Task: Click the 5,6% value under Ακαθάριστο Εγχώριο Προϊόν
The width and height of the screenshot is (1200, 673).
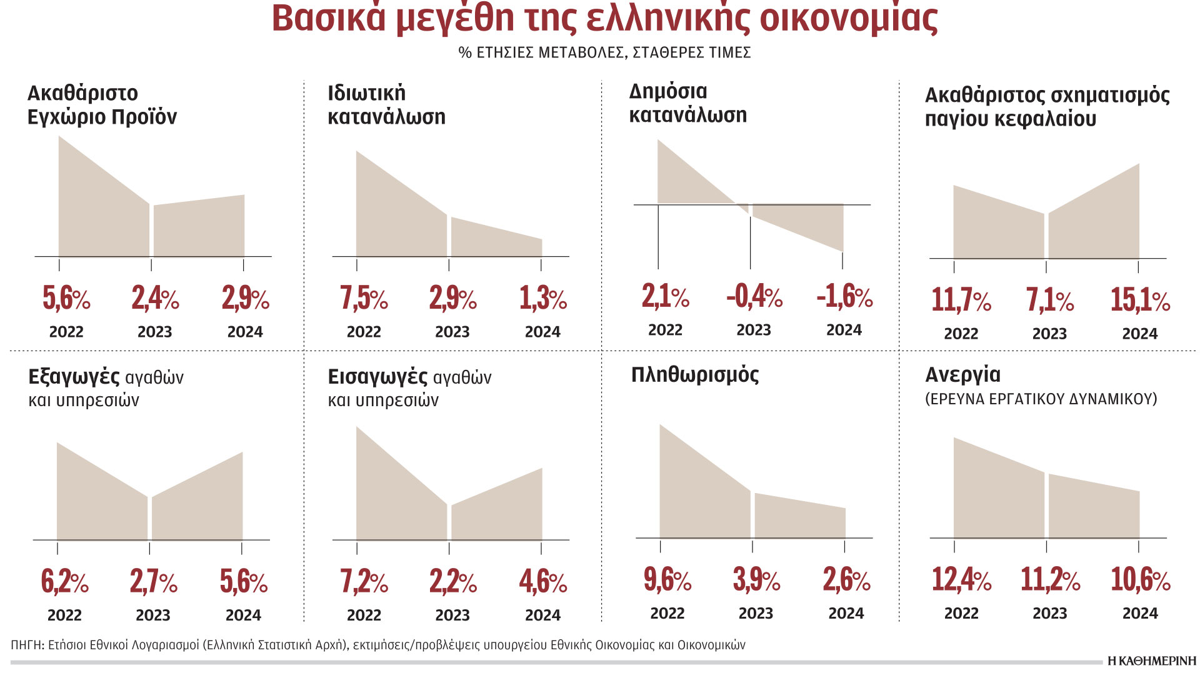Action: tap(66, 298)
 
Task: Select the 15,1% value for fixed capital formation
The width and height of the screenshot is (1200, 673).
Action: tap(1140, 300)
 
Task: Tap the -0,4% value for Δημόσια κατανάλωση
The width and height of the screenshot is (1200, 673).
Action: tap(754, 296)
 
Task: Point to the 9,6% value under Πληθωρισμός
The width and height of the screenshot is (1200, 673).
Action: tap(667, 580)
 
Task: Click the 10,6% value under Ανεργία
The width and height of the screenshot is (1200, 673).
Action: tap(1140, 580)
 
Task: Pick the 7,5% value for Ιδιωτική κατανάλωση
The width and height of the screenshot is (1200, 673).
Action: tap(364, 298)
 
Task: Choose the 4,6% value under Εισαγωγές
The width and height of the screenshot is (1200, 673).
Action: tap(542, 582)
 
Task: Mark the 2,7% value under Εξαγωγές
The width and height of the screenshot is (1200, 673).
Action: tap(154, 582)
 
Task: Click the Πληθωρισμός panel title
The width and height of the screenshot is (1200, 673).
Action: tap(694, 375)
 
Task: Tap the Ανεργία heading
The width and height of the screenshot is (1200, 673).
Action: tap(962, 375)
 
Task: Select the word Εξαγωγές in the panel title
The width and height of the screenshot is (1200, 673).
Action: tap(74, 377)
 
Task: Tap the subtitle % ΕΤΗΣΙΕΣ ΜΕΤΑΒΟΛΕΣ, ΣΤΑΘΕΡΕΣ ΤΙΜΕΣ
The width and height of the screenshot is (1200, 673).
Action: tap(604, 52)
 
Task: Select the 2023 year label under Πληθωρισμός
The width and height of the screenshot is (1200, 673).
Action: tap(756, 614)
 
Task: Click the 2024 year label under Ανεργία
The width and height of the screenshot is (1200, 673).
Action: tap(1140, 614)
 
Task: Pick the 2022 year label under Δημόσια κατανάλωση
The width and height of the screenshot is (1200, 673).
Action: tap(665, 330)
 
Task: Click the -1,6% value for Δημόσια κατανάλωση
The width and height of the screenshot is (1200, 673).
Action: tap(844, 296)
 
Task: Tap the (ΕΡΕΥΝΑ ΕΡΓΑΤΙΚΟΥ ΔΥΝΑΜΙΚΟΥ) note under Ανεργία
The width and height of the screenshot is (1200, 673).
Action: tap(1041, 399)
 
